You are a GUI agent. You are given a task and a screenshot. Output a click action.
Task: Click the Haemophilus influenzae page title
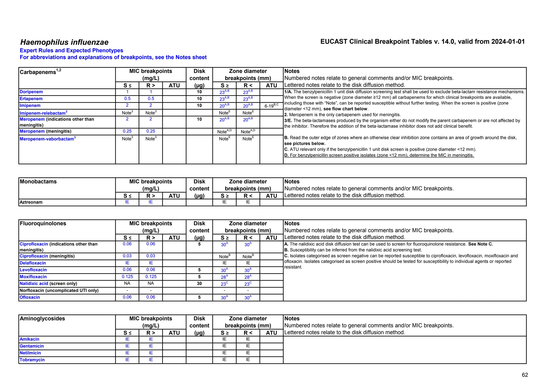point(64,42)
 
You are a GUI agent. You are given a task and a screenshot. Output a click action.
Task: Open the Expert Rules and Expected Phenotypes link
point(71,51)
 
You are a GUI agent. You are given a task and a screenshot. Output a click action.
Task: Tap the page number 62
point(525,375)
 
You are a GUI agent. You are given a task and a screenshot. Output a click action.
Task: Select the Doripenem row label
point(31,92)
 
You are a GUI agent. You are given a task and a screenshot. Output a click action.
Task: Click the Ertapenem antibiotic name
point(31,99)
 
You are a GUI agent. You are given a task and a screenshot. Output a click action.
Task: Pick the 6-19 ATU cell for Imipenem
point(271,106)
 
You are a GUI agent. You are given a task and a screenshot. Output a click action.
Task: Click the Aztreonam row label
point(31,202)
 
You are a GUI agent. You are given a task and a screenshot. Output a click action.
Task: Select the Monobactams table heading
point(38,182)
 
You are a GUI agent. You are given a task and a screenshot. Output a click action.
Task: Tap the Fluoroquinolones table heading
point(43,224)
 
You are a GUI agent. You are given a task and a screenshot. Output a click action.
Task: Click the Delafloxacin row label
point(33,263)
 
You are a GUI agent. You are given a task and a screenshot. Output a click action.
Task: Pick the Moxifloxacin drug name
point(33,277)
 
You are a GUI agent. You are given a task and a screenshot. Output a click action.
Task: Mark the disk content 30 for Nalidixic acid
point(199,284)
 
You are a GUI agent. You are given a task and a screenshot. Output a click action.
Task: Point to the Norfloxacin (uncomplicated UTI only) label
point(59,291)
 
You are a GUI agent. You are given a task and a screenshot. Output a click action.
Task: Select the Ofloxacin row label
point(30,297)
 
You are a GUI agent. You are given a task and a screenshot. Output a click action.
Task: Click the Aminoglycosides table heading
point(42,319)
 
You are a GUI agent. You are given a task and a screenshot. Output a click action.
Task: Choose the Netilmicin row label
point(30,353)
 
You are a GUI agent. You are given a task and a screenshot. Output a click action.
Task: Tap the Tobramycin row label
point(32,360)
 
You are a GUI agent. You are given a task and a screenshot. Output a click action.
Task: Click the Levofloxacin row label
point(33,270)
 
